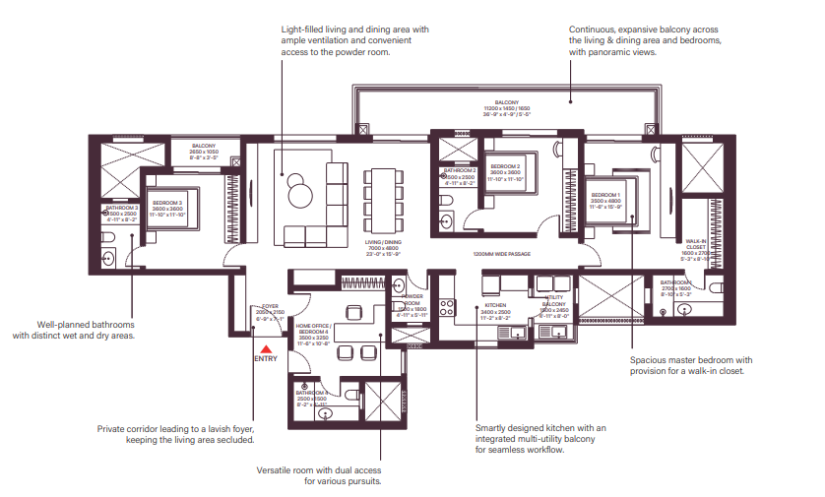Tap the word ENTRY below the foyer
266,358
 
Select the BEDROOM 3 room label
168,209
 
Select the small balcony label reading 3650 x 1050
204,152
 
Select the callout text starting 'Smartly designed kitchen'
541,438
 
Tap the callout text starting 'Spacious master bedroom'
691,365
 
